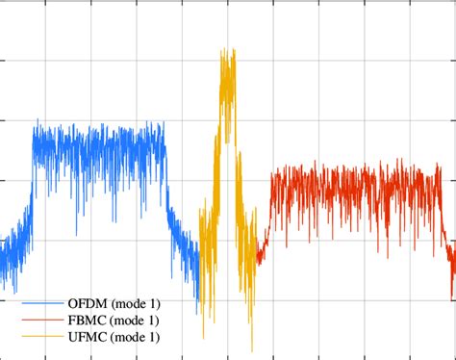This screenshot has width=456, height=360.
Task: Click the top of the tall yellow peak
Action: (228, 50)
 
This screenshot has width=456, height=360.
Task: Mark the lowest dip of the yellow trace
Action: (253, 348)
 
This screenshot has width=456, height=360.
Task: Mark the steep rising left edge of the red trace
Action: (267, 207)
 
